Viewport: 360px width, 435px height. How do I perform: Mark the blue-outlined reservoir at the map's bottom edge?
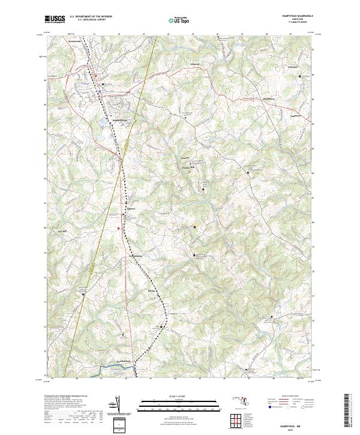(108, 368)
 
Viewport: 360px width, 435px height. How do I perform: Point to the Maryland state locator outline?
(243, 400)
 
